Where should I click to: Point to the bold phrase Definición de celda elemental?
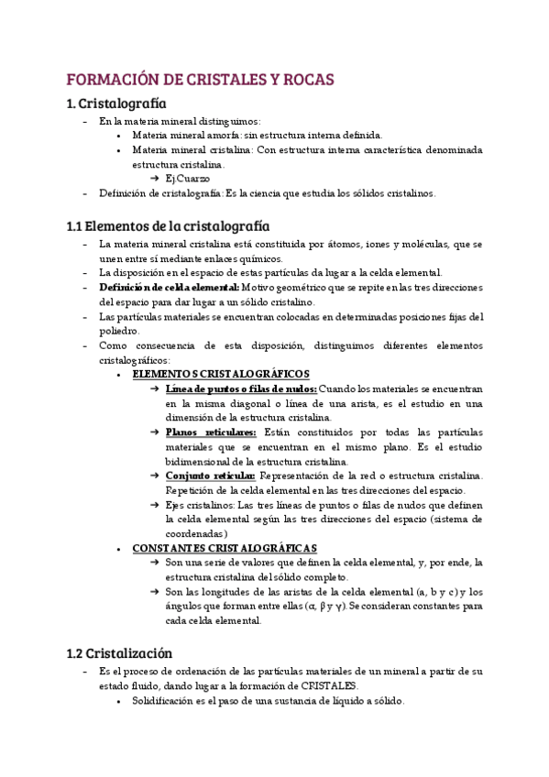[170, 287]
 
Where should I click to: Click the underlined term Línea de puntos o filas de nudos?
[241, 388]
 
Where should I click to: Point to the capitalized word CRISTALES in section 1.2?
[330, 686]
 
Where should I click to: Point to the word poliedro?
[119, 331]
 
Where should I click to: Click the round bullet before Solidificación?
[120, 701]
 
